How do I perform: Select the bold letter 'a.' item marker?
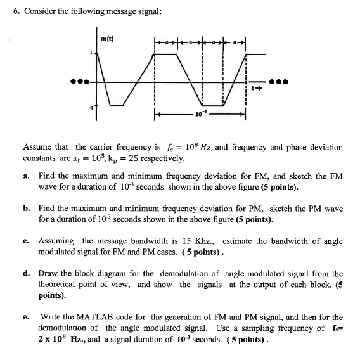pos(26,174)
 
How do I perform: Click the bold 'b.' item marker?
pos(26,208)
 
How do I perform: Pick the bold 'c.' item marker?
pos(26,241)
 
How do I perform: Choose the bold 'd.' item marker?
pos(26,273)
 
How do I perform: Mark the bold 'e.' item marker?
pos(26,317)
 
